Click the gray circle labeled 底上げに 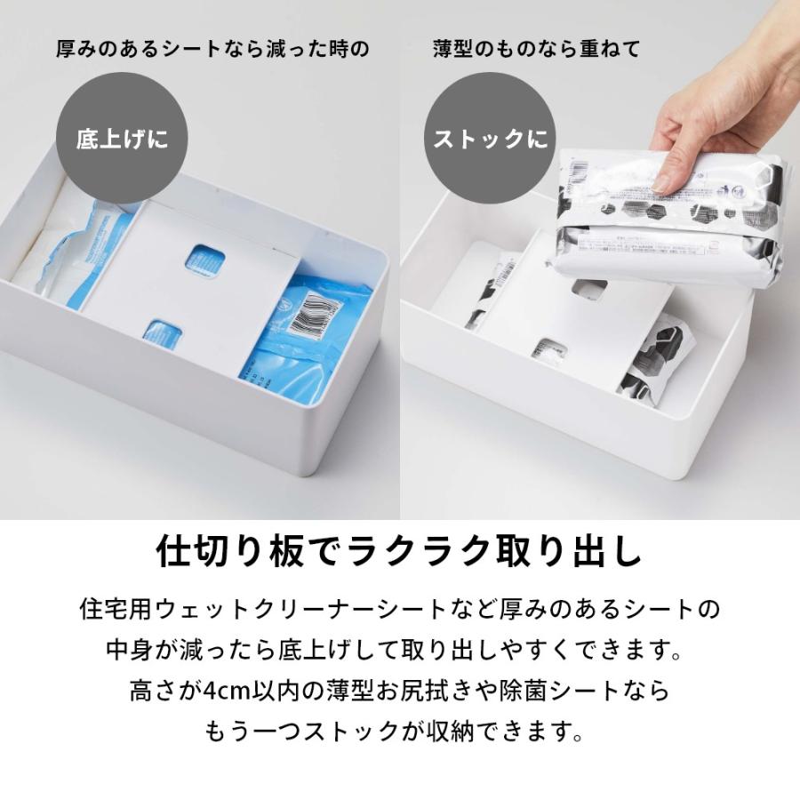point(122,140)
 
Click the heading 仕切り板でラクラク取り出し point(399,552)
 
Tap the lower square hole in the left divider point(162,333)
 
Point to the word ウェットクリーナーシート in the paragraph point(294,611)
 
